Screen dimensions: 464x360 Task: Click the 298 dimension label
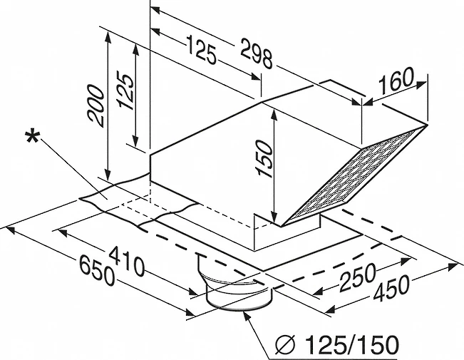point(257,53)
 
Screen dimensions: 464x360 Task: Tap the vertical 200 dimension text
point(96,106)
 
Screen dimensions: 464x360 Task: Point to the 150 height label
point(264,158)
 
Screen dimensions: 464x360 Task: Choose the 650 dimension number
point(97,271)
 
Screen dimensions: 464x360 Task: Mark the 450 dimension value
point(391,288)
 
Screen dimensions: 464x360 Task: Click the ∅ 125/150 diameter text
point(337,344)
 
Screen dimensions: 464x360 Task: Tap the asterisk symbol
point(32,137)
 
